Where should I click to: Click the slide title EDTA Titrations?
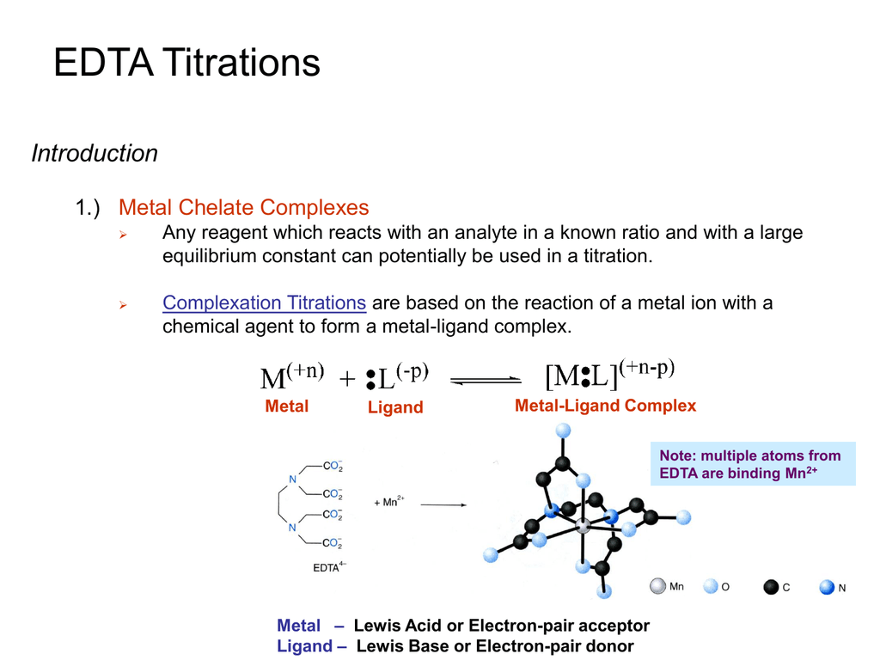(x=186, y=62)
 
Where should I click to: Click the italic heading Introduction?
(x=95, y=153)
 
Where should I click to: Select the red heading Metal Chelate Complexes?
(x=243, y=208)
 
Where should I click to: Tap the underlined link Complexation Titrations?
(x=265, y=303)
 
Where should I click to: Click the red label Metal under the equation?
(x=287, y=406)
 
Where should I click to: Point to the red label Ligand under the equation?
(x=395, y=406)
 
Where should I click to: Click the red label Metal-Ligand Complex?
(x=606, y=406)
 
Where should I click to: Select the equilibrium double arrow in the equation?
(x=486, y=381)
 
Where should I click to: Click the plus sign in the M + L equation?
(x=347, y=379)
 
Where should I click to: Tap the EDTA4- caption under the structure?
(x=329, y=567)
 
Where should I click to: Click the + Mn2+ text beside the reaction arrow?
(x=389, y=501)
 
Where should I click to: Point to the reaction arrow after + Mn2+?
(x=443, y=505)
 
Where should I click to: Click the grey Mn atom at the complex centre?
(x=584, y=525)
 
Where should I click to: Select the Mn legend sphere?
(x=657, y=586)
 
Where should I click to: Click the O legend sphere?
(x=711, y=586)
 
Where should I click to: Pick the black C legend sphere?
(x=771, y=587)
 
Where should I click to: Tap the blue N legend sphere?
(x=827, y=587)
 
